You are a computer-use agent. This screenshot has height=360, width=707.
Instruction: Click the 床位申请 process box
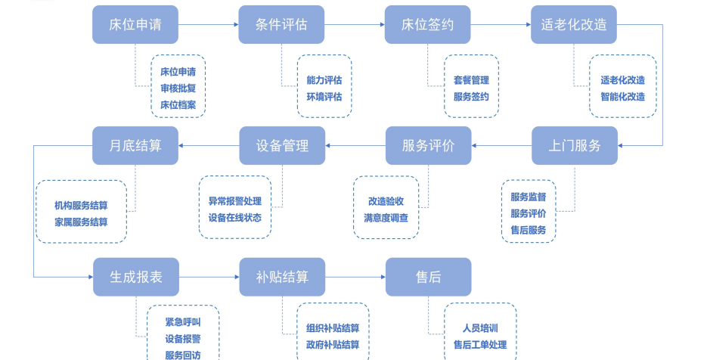[135, 24]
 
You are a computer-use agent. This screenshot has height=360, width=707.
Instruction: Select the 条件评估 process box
[281, 24]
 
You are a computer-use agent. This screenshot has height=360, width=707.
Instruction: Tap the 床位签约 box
[427, 24]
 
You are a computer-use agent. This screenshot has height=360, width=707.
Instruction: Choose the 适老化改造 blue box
[574, 24]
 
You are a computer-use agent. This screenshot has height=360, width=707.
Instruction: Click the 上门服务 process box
[574, 145]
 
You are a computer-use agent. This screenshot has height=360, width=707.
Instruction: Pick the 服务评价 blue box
[427, 145]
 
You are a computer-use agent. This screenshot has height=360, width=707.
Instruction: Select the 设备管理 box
[281, 145]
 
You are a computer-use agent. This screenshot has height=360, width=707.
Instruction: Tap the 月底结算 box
[135, 145]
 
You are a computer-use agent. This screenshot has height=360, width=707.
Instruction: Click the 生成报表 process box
[135, 277]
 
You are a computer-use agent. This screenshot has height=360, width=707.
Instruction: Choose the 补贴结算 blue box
[281, 277]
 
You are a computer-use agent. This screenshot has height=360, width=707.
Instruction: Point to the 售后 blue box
[427, 277]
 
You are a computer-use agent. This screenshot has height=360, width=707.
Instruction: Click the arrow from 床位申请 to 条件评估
[209, 25]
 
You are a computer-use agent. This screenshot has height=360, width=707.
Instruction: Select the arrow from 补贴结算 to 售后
[355, 277]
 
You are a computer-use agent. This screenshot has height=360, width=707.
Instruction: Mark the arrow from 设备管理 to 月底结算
[209, 146]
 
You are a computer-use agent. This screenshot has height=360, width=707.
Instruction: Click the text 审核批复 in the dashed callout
[178, 88]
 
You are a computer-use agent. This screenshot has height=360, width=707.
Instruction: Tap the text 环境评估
[324, 96]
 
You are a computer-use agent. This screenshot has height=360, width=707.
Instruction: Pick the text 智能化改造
[622, 96]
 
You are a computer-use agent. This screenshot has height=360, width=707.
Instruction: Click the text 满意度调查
[386, 218]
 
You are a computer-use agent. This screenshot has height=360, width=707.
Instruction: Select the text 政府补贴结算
[333, 345]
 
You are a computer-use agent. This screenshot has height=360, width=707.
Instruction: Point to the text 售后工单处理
[479, 345]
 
